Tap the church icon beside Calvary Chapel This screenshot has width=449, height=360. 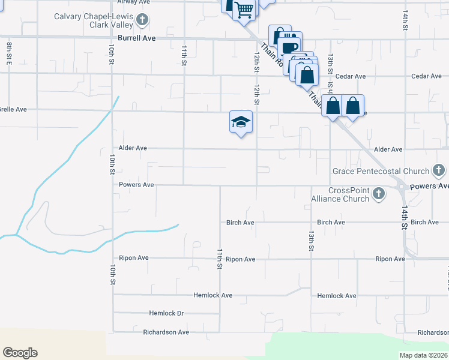[142, 20]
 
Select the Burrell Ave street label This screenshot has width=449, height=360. [137, 38]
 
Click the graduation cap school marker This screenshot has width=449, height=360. [241, 122]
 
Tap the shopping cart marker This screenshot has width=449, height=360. [244, 10]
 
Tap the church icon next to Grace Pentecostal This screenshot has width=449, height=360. [439, 171]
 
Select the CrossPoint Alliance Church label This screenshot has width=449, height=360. [339, 194]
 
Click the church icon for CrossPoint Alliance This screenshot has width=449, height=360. [378, 194]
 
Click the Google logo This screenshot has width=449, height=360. [20, 353]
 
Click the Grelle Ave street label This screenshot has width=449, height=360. [13, 110]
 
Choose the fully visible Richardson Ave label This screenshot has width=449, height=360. [166, 332]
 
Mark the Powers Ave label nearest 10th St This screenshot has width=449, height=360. [136, 185]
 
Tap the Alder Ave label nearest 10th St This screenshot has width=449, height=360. [133, 148]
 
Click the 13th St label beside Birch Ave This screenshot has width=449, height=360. [312, 239]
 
